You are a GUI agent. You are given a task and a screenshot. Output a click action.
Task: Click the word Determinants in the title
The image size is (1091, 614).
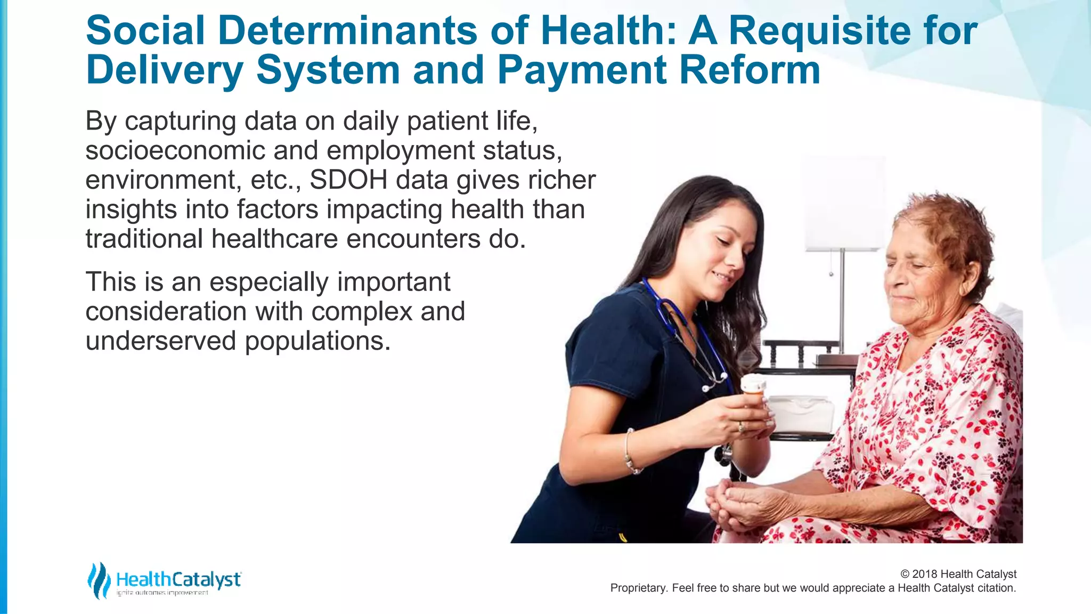pos(347,31)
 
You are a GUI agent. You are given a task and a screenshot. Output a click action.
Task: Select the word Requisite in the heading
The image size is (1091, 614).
pos(819,31)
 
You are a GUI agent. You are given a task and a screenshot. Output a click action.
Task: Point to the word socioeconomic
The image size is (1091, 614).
pos(175,151)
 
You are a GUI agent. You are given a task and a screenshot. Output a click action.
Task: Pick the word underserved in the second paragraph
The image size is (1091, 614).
pos(160,341)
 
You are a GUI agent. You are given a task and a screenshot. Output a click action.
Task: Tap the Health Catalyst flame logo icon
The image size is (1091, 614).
pos(99,580)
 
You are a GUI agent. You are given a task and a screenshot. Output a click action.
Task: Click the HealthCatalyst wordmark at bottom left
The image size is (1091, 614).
pos(178,579)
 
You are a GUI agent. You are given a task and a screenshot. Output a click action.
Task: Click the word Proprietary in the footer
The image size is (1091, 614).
pos(638,588)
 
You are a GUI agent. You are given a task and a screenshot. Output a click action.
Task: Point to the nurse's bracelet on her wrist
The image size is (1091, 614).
pos(631,453)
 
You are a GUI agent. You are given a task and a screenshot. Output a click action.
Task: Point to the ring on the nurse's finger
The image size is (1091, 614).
pos(740,426)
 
